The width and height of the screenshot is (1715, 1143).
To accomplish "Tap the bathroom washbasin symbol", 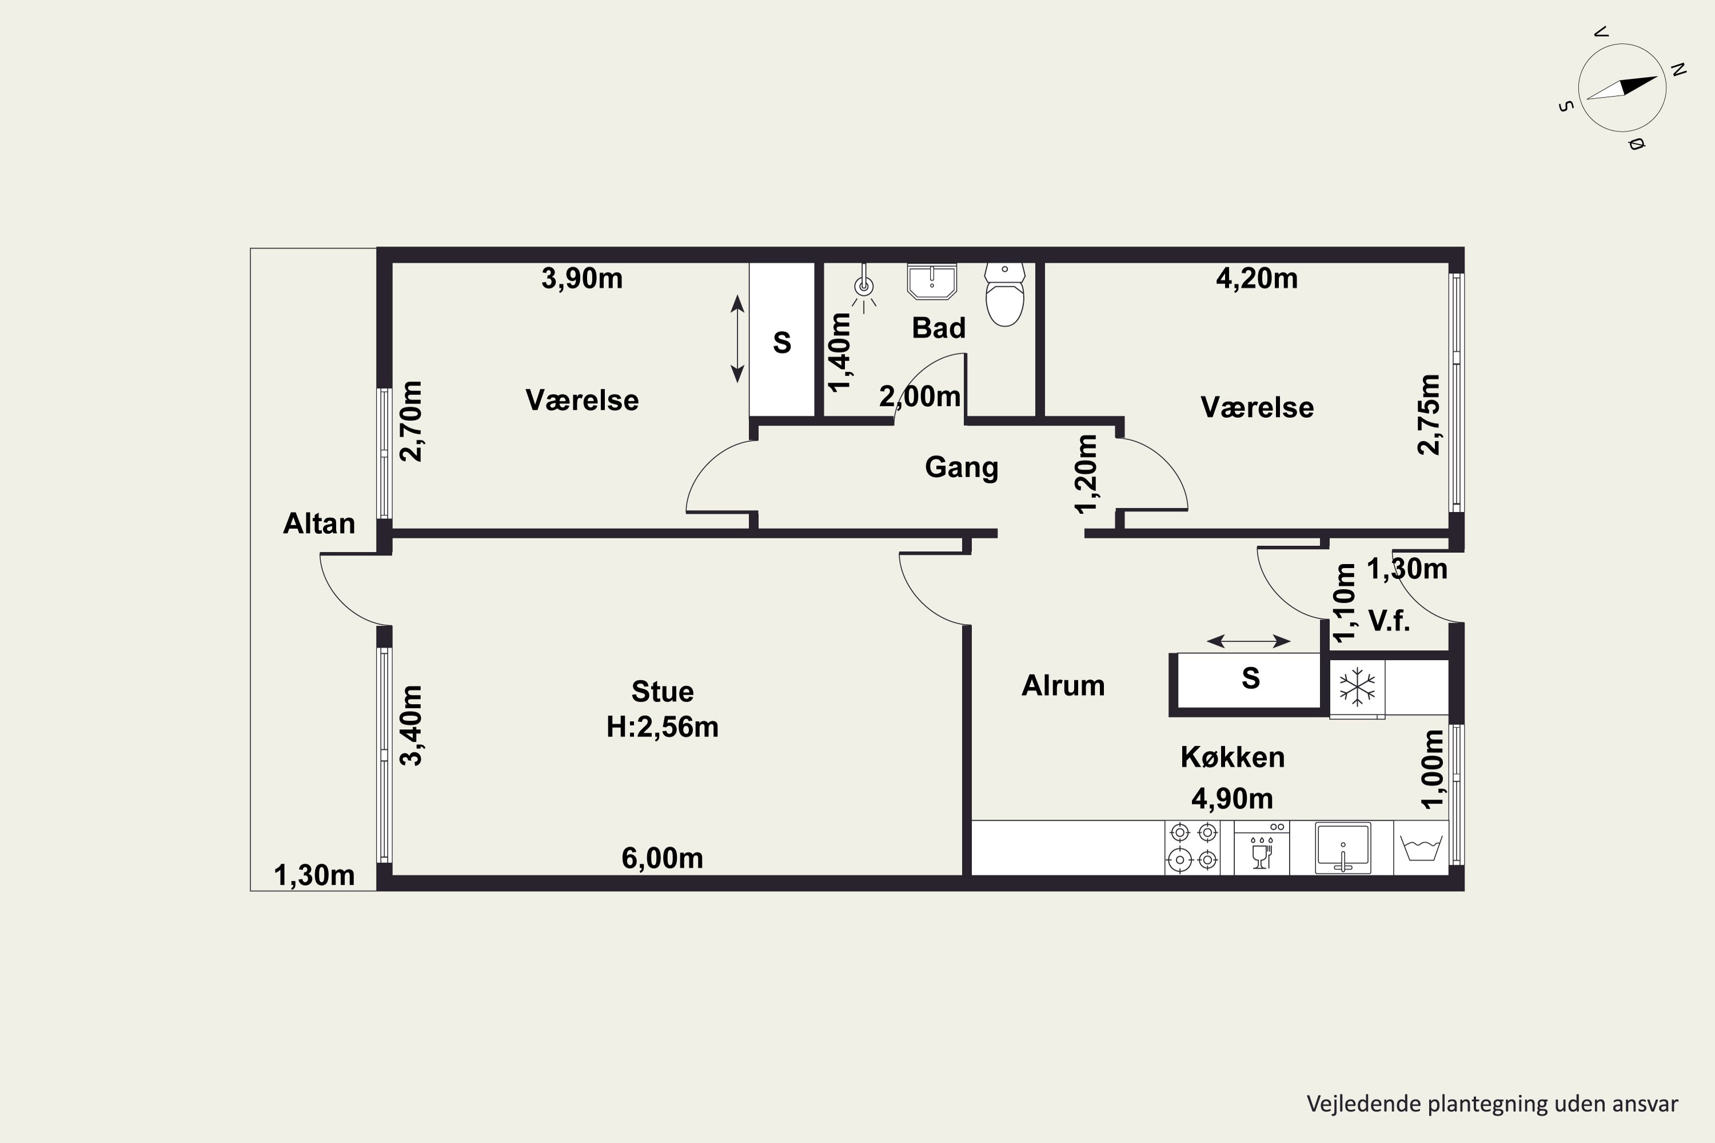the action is (932, 281).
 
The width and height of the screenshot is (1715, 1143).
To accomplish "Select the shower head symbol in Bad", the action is (864, 286).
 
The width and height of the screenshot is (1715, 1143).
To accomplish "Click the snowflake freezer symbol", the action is (1357, 687).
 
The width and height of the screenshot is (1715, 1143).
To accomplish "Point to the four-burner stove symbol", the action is (1193, 847).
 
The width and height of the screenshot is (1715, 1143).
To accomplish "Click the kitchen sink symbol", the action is (1342, 847).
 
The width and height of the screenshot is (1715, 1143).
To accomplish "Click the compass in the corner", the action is (1622, 87).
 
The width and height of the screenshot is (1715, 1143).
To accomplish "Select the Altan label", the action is (318, 523).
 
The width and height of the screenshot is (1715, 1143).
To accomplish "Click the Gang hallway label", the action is (961, 468).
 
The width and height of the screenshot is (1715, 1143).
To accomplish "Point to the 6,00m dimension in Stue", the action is (662, 858).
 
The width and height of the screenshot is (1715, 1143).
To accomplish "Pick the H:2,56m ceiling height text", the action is (662, 727).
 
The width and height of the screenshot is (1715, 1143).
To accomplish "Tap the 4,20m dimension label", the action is (1257, 278).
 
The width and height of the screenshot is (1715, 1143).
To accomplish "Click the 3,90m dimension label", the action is (582, 278).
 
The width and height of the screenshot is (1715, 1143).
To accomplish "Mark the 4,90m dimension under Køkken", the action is (1233, 799).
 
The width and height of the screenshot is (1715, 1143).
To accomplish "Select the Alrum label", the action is (1063, 685).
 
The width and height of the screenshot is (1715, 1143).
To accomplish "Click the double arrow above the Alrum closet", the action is (1249, 641).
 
